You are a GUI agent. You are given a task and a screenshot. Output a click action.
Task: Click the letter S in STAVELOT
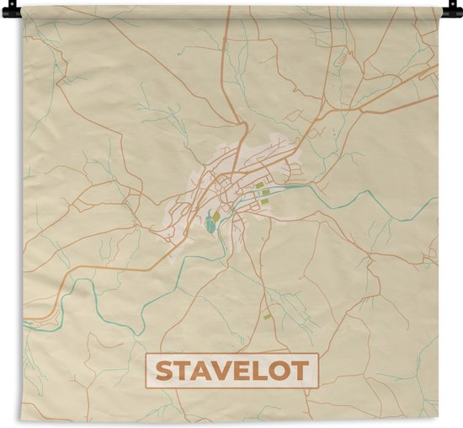pos(164,371)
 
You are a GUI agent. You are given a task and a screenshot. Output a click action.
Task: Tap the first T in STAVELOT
pos(184,371)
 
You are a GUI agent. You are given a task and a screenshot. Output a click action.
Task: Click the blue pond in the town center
pos(207,225)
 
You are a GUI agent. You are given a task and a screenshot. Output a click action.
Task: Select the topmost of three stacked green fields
pos(259,185)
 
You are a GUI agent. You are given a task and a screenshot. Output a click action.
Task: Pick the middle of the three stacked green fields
pos(265,193)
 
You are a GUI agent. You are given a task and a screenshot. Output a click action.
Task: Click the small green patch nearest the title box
pos(268,317)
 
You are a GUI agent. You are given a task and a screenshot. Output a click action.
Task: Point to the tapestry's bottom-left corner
pos(24,420)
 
